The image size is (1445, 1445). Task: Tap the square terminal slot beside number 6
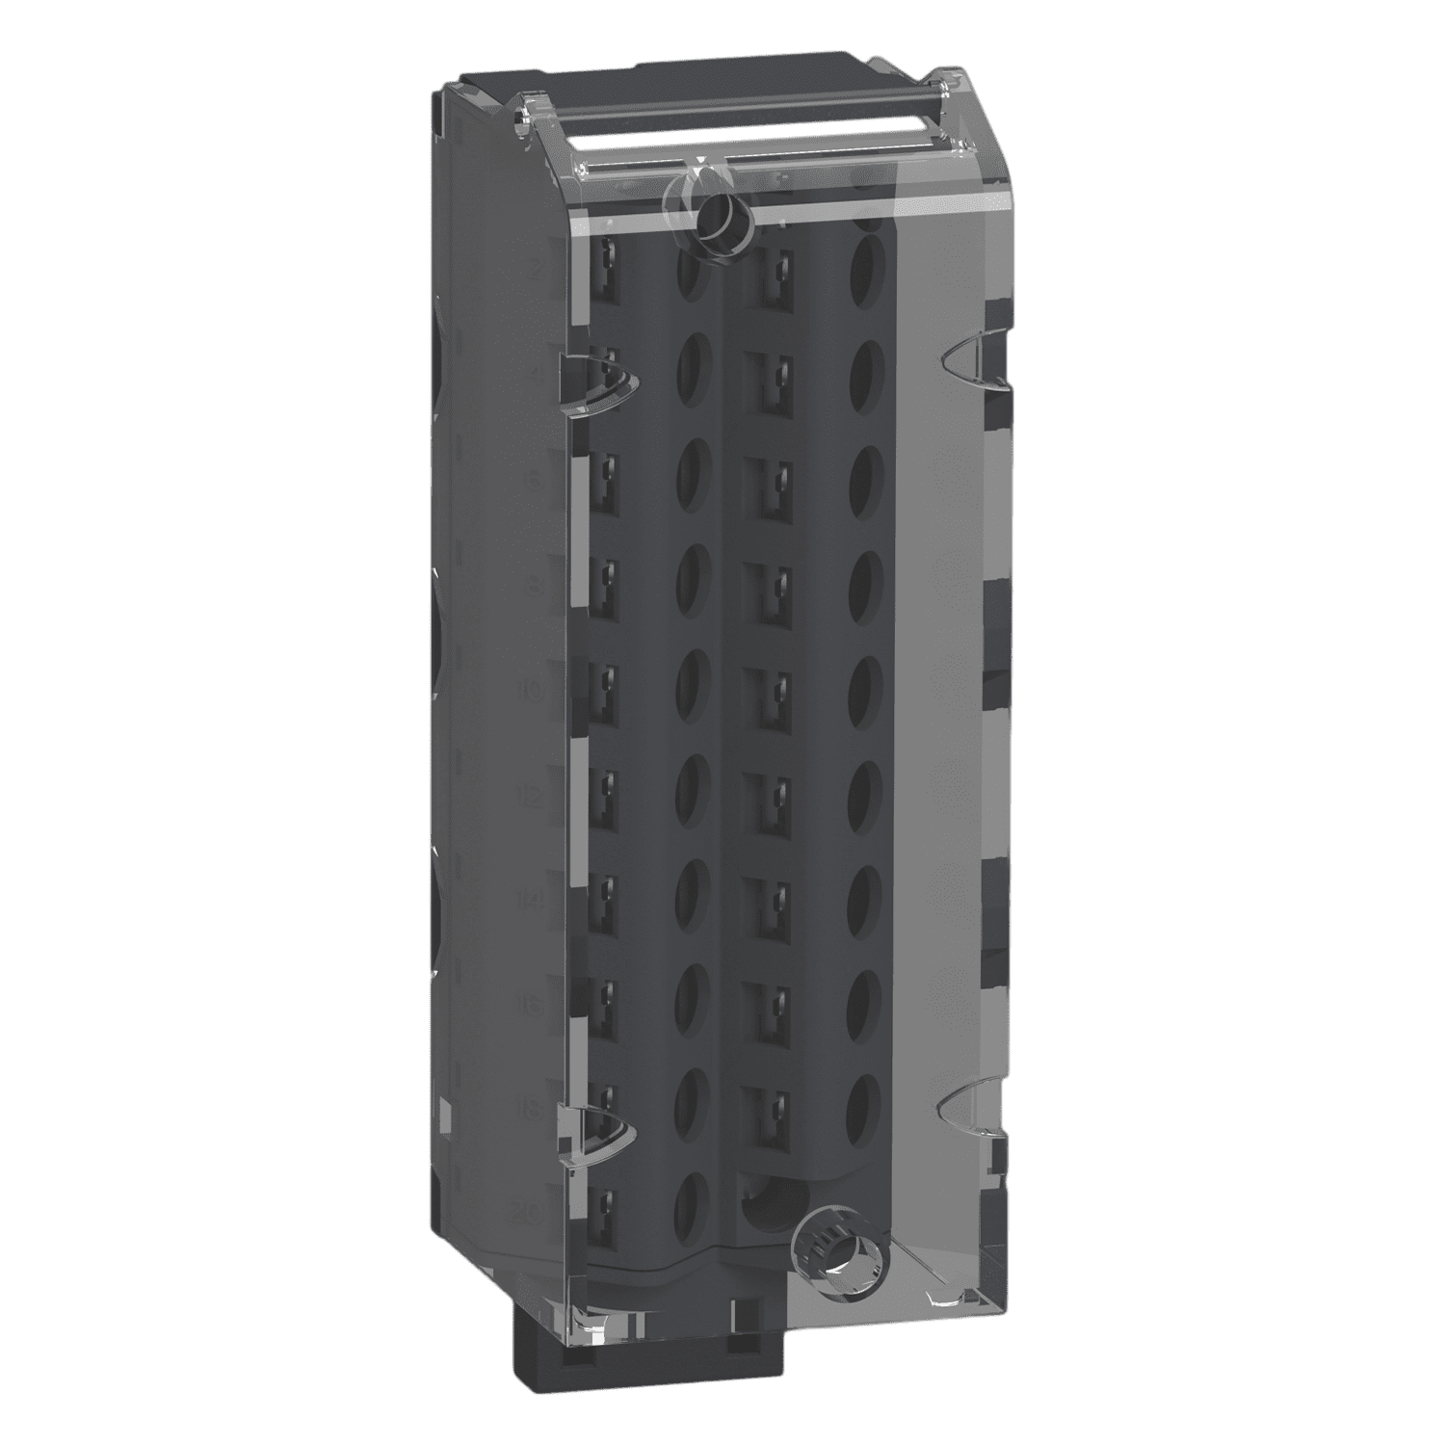[x=607, y=472]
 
